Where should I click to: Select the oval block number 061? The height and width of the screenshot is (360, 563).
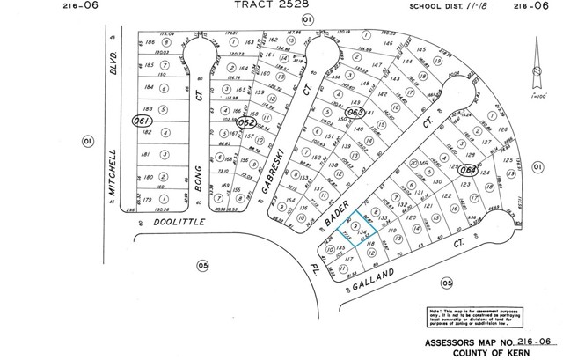[x=138, y=121]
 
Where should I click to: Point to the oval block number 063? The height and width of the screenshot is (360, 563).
[x=356, y=113]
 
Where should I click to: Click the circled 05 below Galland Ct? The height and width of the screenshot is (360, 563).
[x=447, y=283]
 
